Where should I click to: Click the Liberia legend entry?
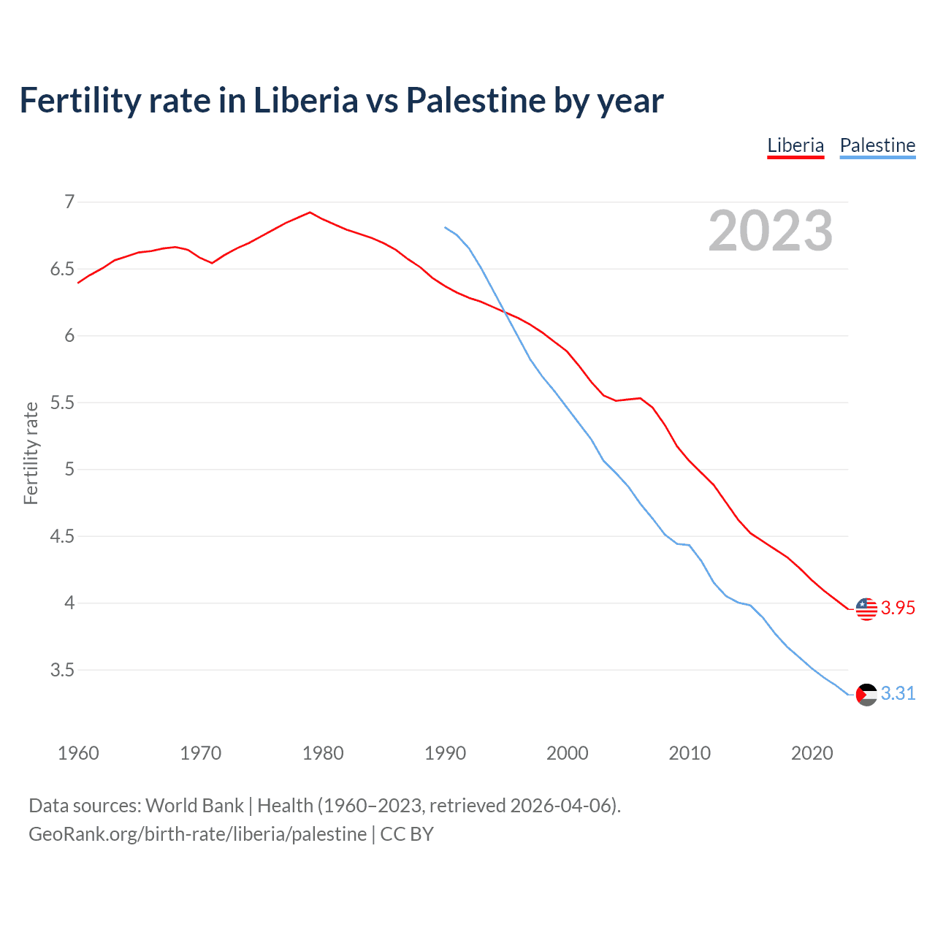pos(795,145)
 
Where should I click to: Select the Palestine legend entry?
pos(877,145)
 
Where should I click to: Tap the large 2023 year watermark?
pos(770,231)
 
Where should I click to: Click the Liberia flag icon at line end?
pos(866,608)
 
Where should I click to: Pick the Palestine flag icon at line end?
pos(866,694)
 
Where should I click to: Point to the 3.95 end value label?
pos(898,608)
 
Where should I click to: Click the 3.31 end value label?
pos(898,694)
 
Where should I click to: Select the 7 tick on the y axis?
pos(69,202)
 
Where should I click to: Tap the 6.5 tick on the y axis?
pos(62,269)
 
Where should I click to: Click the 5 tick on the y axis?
pos(69,469)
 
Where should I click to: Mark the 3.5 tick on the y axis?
pos(62,670)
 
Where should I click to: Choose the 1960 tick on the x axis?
pos(78,753)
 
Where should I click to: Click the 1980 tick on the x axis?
pos(323,753)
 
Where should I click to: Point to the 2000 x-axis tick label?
pos(568,753)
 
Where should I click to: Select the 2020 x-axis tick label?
pos(812,753)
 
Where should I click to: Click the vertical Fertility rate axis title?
pos(31,453)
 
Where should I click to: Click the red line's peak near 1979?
pos(310,213)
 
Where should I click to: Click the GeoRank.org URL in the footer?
pos(197,834)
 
